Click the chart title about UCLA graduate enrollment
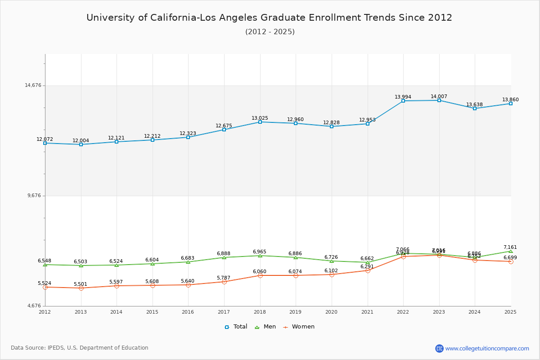pyautogui.click(x=269, y=18)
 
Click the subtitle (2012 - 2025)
pyautogui.click(x=270, y=31)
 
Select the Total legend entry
pyautogui.click(x=236, y=327)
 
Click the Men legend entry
pyautogui.click(x=265, y=327)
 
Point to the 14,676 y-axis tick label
pyautogui.click(x=33, y=85)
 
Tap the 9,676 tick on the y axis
pyautogui.click(x=34, y=195)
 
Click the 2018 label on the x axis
pyautogui.click(x=260, y=311)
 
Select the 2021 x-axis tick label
pyautogui.click(x=367, y=311)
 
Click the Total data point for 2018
pyautogui.click(x=260, y=122)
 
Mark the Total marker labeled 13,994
pyautogui.click(x=403, y=101)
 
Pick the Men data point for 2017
pyautogui.click(x=224, y=257)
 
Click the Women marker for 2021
pyautogui.click(x=368, y=270)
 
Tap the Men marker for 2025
pyautogui.click(x=511, y=251)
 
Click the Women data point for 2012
pyautogui.click(x=45, y=287)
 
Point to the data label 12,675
pyautogui.click(x=224, y=126)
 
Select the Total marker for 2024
pyautogui.click(x=475, y=108)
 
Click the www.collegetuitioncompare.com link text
pyautogui.click(x=487, y=348)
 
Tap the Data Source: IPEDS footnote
pyautogui.click(x=80, y=348)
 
